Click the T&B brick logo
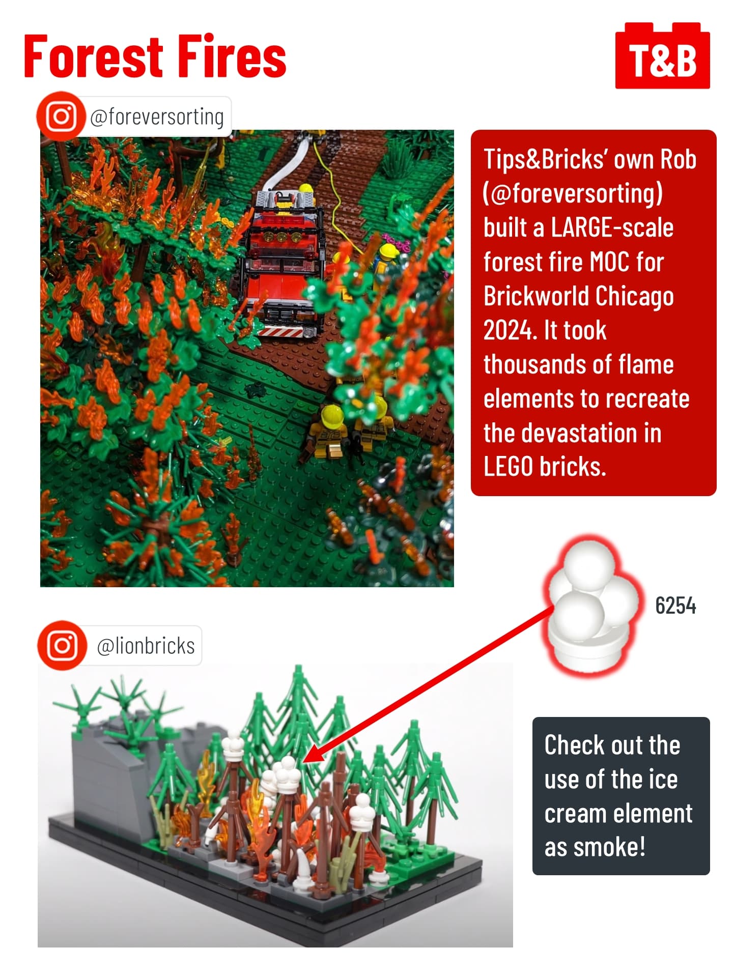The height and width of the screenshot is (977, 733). pos(662,55)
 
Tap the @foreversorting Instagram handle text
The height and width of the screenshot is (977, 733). pos(157,117)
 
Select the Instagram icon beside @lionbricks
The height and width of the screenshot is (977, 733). pos(62,645)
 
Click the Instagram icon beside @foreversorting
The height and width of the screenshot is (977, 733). pos(61,116)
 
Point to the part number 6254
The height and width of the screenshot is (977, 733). pos(675,606)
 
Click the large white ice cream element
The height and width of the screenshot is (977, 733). pos(593,606)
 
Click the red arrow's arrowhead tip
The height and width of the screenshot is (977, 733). pos(303,762)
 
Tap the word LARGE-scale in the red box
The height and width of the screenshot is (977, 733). pos(612,227)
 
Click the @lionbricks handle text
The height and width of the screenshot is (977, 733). pos(146,646)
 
